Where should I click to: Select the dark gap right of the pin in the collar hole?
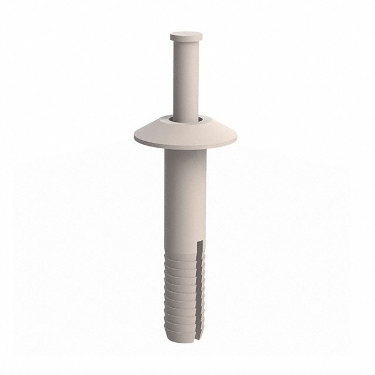pyautogui.click(x=200, y=120)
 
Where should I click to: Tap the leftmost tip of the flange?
pyautogui.click(x=134, y=139)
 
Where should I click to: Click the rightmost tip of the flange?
pyautogui.click(x=238, y=139)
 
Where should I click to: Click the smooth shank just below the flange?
pyautogui.click(x=186, y=176)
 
